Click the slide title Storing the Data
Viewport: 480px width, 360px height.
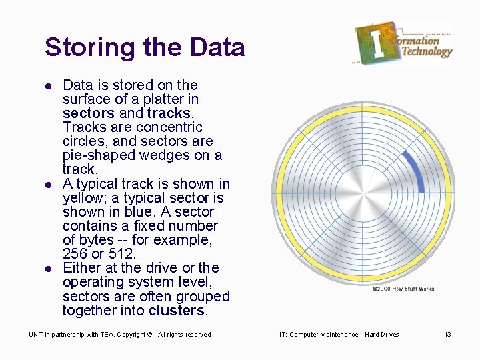145,48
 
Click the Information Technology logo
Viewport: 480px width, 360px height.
403,43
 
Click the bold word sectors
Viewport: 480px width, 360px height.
88,113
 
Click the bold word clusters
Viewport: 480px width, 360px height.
177,311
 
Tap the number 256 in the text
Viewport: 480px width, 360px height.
76,254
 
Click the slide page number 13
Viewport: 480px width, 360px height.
447,335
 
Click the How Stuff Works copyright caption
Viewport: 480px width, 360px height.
403,289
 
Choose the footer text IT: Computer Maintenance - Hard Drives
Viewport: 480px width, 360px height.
339,335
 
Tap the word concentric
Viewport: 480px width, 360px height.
169,127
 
